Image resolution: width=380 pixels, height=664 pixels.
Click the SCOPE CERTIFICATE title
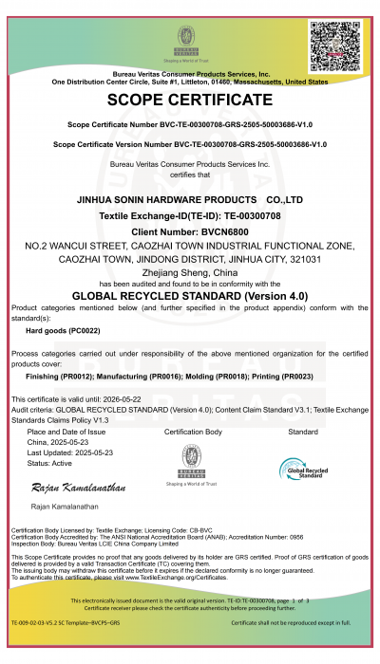click(x=190, y=100)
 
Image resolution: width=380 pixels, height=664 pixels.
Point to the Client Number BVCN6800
click(x=190, y=231)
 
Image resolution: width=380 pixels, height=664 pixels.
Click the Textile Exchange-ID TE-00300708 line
click(x=190, y=216)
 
